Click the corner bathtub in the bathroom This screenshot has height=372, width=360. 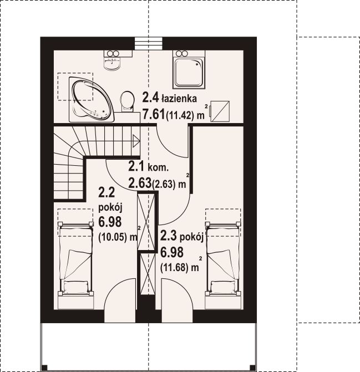92,100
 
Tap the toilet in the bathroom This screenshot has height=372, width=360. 126,101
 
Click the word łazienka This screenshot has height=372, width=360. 179,99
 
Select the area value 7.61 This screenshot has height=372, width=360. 154,115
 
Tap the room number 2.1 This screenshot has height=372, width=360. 136,166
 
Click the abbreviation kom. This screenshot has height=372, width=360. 158,168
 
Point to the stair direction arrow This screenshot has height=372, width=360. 136,141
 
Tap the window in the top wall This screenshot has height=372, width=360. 149,43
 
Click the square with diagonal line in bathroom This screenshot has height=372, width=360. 220,111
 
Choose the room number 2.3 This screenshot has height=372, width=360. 169,236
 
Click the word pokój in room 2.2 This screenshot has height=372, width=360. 110,208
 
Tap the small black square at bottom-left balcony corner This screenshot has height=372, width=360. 44,367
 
